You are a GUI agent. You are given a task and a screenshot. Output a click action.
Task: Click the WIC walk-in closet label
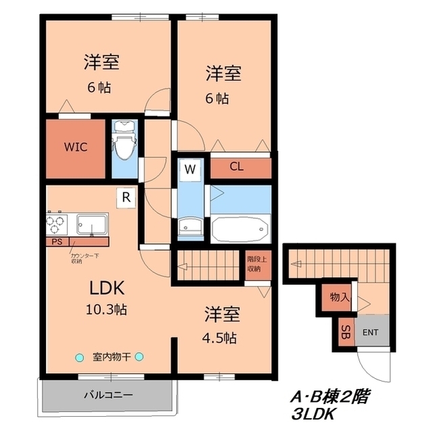click(75, 146)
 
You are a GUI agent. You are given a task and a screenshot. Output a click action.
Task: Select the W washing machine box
click(190, 169)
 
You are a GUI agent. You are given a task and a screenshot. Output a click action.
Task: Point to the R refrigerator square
click(126, 197)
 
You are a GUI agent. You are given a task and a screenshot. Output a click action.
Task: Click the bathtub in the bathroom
click(240, 228)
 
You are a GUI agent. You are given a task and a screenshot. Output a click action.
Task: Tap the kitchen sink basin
click(92, 223)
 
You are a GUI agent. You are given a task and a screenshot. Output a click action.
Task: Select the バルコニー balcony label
click(108, 394)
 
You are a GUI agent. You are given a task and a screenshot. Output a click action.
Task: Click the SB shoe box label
click(346, 332)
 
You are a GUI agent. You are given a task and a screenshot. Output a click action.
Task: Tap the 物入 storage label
click(339, 297)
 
